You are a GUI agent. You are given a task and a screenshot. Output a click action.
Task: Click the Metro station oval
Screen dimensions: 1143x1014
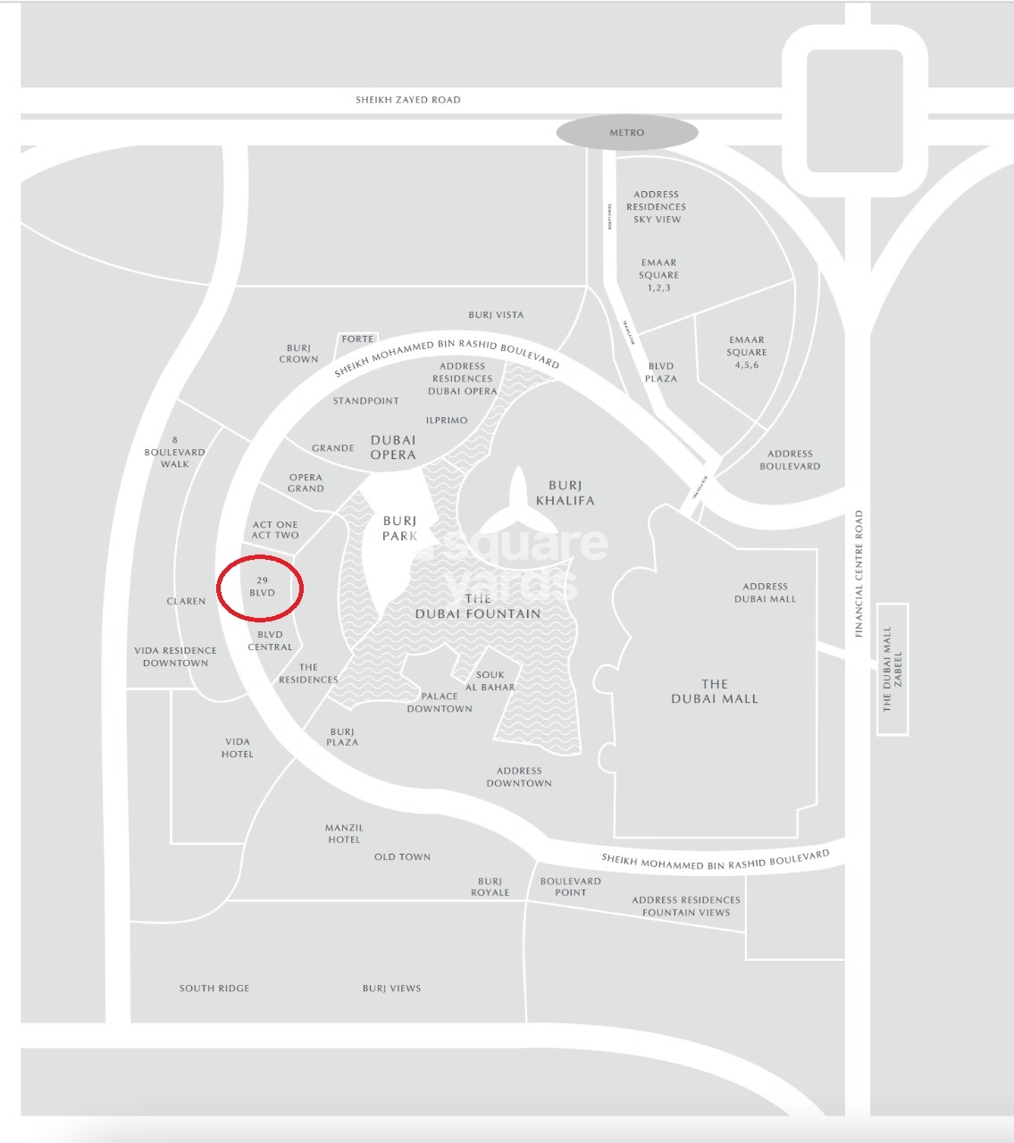click(626, 132)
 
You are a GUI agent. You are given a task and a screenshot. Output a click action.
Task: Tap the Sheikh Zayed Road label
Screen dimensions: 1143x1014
click(408, 100)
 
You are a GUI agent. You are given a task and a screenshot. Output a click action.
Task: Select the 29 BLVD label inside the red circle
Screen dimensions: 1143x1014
click(262, 587)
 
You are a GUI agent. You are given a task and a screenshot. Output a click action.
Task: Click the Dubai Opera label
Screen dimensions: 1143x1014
click(393, 447)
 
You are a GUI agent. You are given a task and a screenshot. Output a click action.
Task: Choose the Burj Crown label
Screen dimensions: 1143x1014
click(298, 354)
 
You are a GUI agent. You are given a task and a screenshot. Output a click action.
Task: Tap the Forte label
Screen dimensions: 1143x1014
click(357, 339)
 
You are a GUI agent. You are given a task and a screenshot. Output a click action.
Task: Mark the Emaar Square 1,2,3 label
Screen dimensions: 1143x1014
click(659, 276)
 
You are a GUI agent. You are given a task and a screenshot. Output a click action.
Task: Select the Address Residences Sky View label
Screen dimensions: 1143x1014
click(657, 206)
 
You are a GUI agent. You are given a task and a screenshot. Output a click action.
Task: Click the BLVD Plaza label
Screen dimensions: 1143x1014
click(661, 372)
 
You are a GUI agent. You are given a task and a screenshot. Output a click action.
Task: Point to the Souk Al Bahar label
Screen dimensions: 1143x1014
click(490, 681)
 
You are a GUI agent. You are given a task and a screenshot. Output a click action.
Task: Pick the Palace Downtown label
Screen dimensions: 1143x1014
click(440, 703)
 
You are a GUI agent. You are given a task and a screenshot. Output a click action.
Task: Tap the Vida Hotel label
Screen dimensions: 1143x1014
click(238, 747)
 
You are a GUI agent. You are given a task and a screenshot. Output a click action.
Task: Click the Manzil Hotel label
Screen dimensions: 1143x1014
click(344, 834)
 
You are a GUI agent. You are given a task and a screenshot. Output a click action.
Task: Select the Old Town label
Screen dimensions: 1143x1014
click(402, 857)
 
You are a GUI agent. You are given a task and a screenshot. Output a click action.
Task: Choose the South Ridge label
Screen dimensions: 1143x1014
click(214, 989)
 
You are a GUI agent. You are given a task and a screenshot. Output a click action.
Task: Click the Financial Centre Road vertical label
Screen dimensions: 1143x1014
click(859, 573)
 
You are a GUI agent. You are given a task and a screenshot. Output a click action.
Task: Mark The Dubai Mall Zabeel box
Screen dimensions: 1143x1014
click(892, 669)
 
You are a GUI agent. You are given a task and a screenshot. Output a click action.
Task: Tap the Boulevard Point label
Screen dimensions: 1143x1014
click(571, 887)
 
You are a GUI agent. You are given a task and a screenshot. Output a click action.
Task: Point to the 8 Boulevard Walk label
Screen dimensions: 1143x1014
click(175, 452)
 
